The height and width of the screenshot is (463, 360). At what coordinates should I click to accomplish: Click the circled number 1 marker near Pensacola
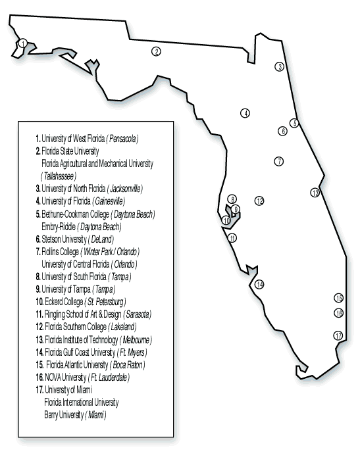23,43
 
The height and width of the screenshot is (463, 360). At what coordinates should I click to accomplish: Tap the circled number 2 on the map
156,51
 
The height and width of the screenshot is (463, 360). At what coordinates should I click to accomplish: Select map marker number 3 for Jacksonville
280,66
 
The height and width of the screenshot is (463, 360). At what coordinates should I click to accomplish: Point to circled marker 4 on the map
245,113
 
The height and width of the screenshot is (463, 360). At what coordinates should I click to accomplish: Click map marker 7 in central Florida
279,161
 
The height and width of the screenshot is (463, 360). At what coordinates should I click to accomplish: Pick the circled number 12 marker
259,201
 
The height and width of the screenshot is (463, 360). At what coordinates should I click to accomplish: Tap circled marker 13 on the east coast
315,193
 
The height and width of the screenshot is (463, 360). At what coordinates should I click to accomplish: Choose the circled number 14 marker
259,284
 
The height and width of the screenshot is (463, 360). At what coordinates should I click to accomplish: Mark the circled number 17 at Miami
338,335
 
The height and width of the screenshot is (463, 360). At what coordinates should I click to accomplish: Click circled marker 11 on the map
232,238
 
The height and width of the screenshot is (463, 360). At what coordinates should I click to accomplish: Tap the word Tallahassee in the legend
58,176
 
